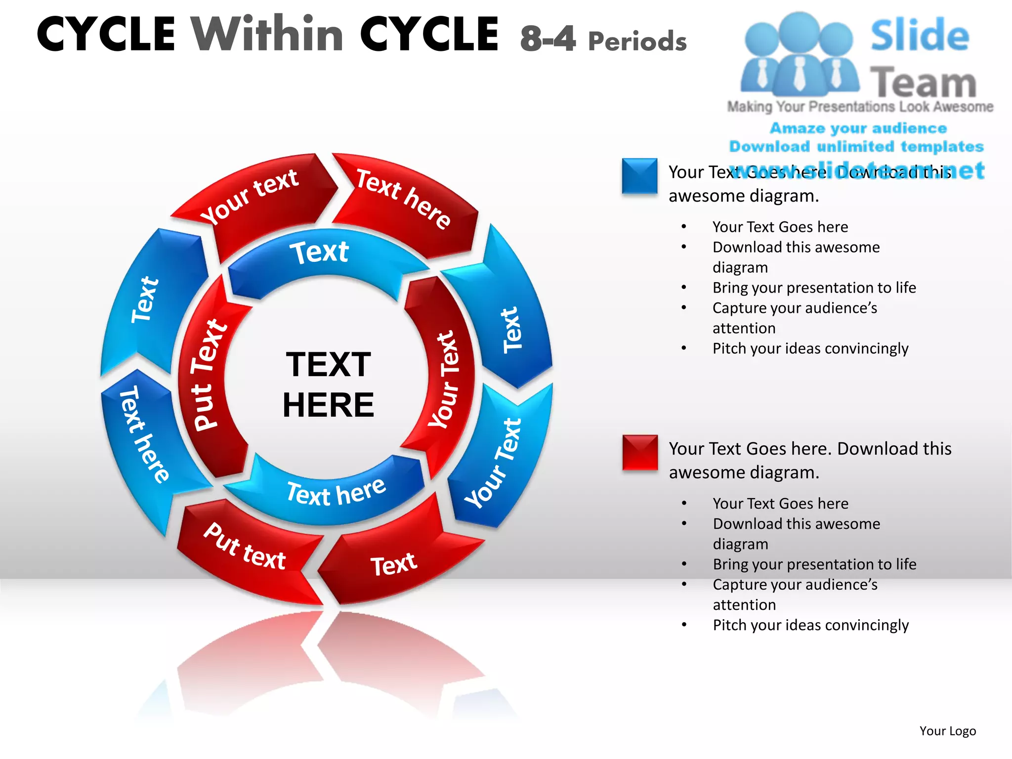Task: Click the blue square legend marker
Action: (x=639, y=176)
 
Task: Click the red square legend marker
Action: (x=640, y=452)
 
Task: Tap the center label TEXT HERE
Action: (x=328, y=384)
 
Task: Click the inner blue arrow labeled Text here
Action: (x=336, y=492)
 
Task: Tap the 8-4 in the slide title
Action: (x=548, y=39)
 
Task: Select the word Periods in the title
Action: (x=637, y=42)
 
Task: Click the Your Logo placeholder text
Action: (x=947, y=731)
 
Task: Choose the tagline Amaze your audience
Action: (x=858, y=128)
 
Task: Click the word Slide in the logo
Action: (x=920, y=36)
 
